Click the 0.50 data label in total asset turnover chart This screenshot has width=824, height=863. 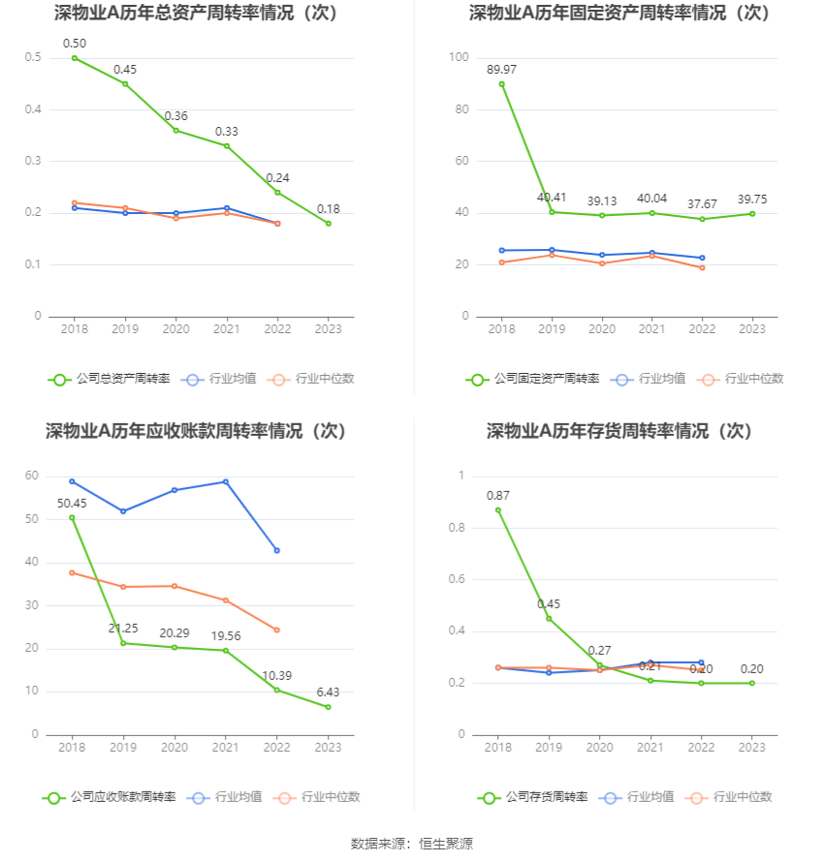coord(75,44)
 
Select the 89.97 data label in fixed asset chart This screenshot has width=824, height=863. coord(501,69)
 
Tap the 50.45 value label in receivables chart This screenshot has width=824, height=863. coord(72,503)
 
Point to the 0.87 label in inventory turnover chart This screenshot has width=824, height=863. coord(498,495)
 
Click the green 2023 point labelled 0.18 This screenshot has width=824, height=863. coord(329,224)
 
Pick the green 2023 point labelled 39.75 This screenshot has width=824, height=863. coord(752,214)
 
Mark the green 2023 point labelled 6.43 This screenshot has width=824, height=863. coord(328,707)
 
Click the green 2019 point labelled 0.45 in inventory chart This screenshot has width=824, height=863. coord(549,619)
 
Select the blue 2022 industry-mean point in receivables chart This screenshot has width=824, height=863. coord(277,550)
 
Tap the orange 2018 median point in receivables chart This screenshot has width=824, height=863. coord(72,572)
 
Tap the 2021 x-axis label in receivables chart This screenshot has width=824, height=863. coord(226,748)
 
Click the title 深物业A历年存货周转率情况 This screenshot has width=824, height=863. coord(619,431)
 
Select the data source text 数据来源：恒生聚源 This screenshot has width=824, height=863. coord(412,844)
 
